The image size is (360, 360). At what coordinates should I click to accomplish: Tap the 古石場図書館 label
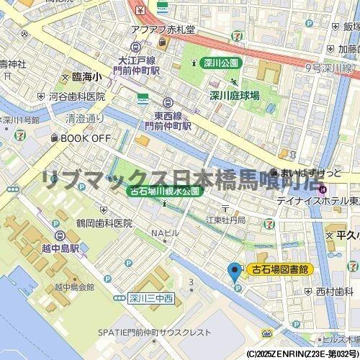(x=279, y=269)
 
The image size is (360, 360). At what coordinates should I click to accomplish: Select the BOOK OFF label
(x=85, y=138)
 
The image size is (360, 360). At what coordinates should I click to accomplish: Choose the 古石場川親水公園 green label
(x=166, y=192)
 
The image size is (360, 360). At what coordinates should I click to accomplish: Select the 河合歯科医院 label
(x=76, y=96)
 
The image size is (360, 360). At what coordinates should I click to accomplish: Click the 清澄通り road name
(x=80, y=119)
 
